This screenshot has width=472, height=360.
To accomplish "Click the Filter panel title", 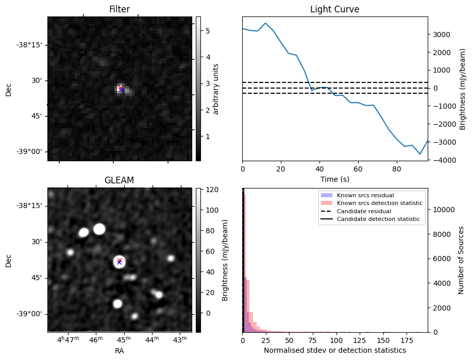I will tap(120, 9).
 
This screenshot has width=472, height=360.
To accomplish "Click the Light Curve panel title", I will tap(334, 9).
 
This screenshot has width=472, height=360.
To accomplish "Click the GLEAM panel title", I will tap(119, 180).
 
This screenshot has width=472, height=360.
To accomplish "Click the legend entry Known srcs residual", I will tap(365, 196).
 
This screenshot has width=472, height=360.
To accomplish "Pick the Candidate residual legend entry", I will tap(364, 211).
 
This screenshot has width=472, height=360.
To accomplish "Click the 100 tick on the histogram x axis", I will tap(336, 340).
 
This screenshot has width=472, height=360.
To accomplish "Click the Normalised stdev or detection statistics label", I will tap(334, 350).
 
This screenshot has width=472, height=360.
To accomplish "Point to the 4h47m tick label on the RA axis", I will tap(68, 340).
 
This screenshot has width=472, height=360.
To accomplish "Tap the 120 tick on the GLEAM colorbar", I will tap(205, 190).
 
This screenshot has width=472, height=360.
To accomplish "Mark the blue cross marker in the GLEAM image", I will tap(119, 262).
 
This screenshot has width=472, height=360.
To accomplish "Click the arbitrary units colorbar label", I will tap(216, 89).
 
